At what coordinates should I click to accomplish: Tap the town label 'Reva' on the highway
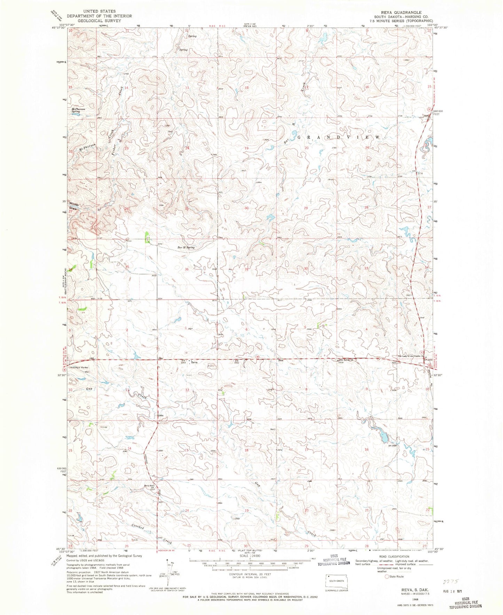(194, 362)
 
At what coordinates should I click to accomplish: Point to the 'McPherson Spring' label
(78, 110)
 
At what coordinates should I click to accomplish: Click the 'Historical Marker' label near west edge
(79, 367)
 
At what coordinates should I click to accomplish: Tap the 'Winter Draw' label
(75, 206)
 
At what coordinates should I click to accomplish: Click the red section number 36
(187, 269)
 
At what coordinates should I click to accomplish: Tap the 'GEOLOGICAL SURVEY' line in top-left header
(99, 21)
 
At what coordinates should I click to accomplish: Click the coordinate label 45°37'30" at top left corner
(58, 28)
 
